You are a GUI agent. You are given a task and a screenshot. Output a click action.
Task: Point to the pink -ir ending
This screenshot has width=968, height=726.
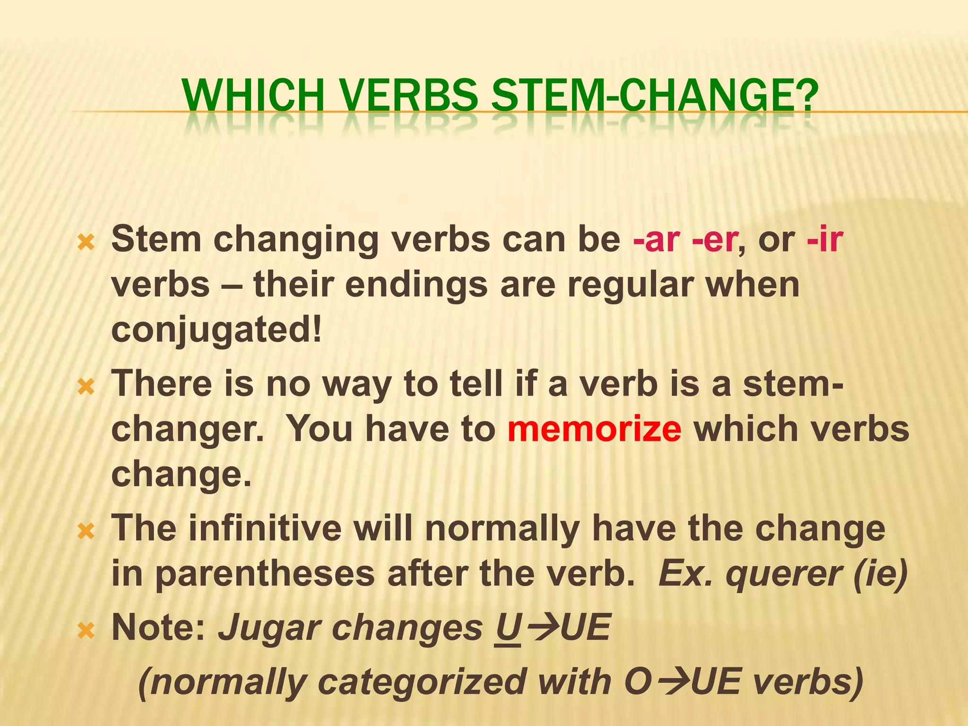(825, 239)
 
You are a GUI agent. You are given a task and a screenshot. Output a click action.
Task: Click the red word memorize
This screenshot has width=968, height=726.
(595, 429)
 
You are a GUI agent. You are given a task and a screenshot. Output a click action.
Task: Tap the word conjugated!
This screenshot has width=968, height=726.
(216, 330)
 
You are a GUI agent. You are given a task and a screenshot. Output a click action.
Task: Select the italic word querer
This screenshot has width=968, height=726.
(783, 574)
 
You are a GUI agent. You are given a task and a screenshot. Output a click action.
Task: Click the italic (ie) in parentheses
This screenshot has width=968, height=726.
(880, 574)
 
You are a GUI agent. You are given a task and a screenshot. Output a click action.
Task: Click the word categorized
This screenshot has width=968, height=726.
(422, 683)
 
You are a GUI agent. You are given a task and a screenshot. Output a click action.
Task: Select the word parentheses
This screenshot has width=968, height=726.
(265, 575)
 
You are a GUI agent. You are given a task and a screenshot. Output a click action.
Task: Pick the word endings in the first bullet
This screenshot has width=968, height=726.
(416, 285)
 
